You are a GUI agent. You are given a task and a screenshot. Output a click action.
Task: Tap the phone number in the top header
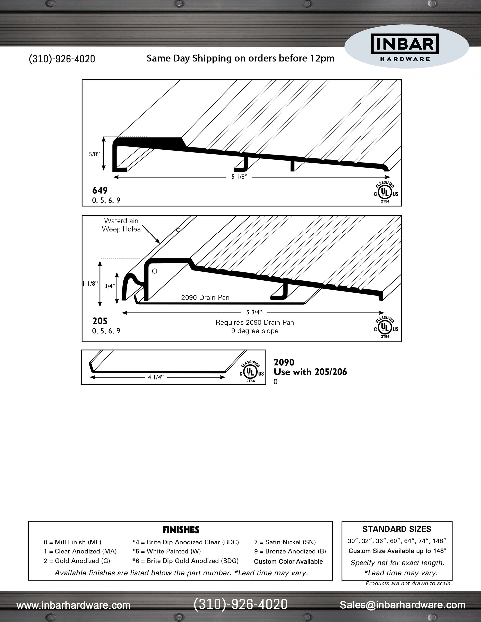62,59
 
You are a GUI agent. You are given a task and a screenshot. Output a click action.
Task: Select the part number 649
100,190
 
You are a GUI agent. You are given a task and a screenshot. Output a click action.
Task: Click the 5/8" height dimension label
94,154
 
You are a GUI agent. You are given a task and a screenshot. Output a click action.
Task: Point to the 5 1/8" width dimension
239,177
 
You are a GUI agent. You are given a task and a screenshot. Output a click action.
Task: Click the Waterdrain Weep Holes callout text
121,225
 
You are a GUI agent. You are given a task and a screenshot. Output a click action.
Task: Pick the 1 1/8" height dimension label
90,284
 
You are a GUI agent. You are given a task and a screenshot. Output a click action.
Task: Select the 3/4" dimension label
110,286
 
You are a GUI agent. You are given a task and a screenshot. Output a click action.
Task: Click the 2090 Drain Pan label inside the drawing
205,297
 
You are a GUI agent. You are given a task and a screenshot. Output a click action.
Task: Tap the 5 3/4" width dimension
254,312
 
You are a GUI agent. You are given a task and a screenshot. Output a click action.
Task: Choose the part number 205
100,321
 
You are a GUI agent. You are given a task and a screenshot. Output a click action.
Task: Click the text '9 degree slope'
255,331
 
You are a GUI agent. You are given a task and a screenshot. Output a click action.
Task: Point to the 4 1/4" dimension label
156,377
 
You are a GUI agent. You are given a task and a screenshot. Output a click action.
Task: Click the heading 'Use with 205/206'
310,372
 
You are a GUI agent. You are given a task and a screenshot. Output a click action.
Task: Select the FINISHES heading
181,530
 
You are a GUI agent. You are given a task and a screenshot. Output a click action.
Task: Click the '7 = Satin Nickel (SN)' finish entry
285,542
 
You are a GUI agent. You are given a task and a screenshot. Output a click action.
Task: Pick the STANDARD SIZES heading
397,529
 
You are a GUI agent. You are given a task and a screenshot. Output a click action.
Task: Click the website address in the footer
73,605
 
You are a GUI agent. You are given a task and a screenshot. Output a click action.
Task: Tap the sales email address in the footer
402,605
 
